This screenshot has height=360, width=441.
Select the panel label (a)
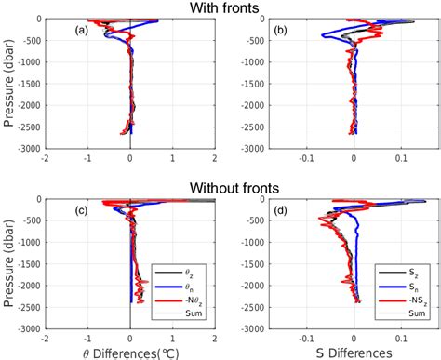click(81, 30)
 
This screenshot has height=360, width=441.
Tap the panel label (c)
click(81, 210)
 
